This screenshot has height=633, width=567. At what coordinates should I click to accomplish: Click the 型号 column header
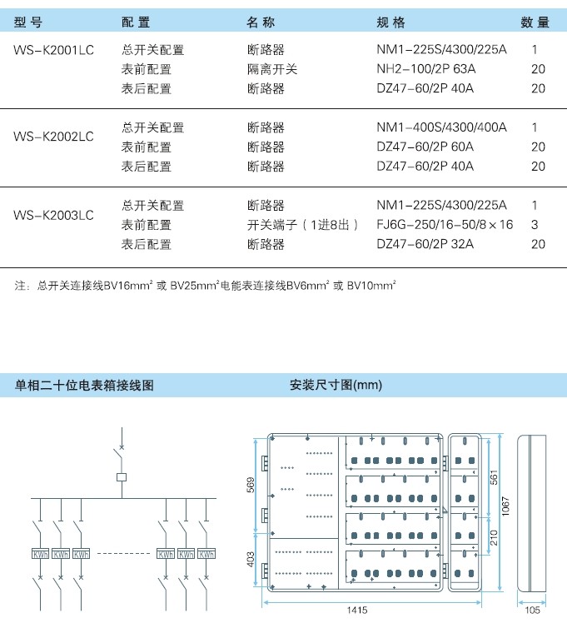pyautogui.click(x=27, y=22)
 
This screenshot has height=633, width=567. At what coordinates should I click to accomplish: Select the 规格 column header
pyautogui.click(x=390, y=22)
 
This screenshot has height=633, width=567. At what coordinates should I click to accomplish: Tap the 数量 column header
pyautogui.click(x=535, y=22)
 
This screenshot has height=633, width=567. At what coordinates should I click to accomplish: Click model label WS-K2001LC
pyautogui.click(x=53, y=50)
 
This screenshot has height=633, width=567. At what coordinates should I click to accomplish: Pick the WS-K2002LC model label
pyautogui.click(x=53, y=137)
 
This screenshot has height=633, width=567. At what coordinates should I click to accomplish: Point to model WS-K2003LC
pyautogui.click(x=53, y=215)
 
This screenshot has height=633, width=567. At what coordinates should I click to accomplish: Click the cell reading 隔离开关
pyautogui.click(x=272, y=69)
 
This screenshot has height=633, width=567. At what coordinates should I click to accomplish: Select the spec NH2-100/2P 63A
pyautogui.click(x=425, y=69)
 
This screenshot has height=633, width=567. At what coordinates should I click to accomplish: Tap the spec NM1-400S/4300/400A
pyautogui.click(x=441, y=127)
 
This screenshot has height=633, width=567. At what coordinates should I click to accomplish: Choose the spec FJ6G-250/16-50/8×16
pyautogui.click(x=445, y=224)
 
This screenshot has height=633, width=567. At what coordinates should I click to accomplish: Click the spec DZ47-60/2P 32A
pyautogui.click(x=425, y=244)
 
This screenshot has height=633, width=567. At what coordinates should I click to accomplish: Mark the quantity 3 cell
pyautogui.click(x=535, y=224)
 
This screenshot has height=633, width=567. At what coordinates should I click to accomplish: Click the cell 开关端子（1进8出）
pyautogui.click(x=303, y=224)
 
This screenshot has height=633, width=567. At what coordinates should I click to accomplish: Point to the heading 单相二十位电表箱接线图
pyautogui.click(x=84, y=385)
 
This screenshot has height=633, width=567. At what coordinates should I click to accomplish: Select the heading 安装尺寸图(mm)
pyautogui.click(x=336, y=385)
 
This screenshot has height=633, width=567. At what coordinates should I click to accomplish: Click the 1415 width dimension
pyautogui.click(x=357, y=610)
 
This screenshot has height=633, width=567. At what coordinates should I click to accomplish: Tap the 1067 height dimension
pyautogui.click(x=505, y=506)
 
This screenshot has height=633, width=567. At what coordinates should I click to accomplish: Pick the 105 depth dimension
pyautogui.click(x=532, y=610)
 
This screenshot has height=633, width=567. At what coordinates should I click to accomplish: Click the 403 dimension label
pyautogui.click(x=251, y=560)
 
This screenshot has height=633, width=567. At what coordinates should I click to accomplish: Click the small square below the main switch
pyautogui.click(x=122, y=477)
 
